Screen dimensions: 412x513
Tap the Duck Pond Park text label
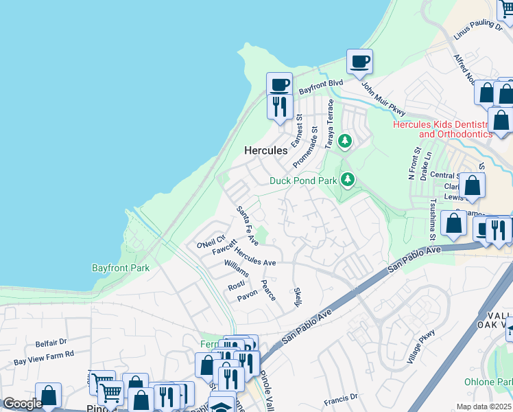pos(302,181)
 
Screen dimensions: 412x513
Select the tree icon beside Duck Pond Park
pos(348,180)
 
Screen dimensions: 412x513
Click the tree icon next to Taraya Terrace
pos(345,141)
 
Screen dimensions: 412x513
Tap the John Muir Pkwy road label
pos(383,99)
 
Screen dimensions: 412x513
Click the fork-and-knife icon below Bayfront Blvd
pos(279,106)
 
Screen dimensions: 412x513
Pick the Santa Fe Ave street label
pos(247,226)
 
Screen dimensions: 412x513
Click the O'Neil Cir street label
pos(211,244)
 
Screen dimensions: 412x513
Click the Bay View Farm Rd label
pos(43,358)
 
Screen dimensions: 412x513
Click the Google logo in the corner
pos(23,404)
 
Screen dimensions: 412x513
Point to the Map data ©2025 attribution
pos(484,407)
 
